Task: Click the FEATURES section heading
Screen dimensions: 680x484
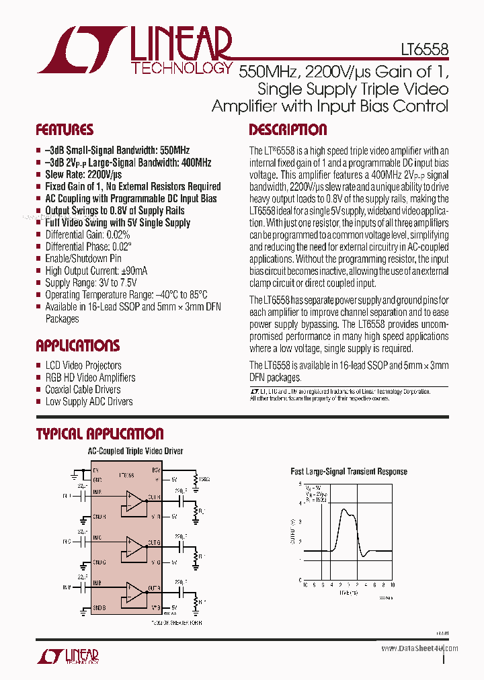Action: coord(65,130)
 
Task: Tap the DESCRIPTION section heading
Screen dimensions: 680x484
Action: coord(288,130)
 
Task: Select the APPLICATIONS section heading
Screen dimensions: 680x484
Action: coord(78,346)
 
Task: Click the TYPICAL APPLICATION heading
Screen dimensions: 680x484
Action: coord(99,434)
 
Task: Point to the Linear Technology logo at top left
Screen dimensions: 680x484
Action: coord(134,50)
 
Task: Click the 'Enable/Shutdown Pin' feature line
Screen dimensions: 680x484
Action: coord(83,258)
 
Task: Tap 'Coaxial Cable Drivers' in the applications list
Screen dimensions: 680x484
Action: coord(83,390)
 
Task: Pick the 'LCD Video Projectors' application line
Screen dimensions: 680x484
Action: coord(83,366)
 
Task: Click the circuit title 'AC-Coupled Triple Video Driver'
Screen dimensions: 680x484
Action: coord(136,452)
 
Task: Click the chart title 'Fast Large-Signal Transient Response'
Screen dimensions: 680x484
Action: coord(348,472)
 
